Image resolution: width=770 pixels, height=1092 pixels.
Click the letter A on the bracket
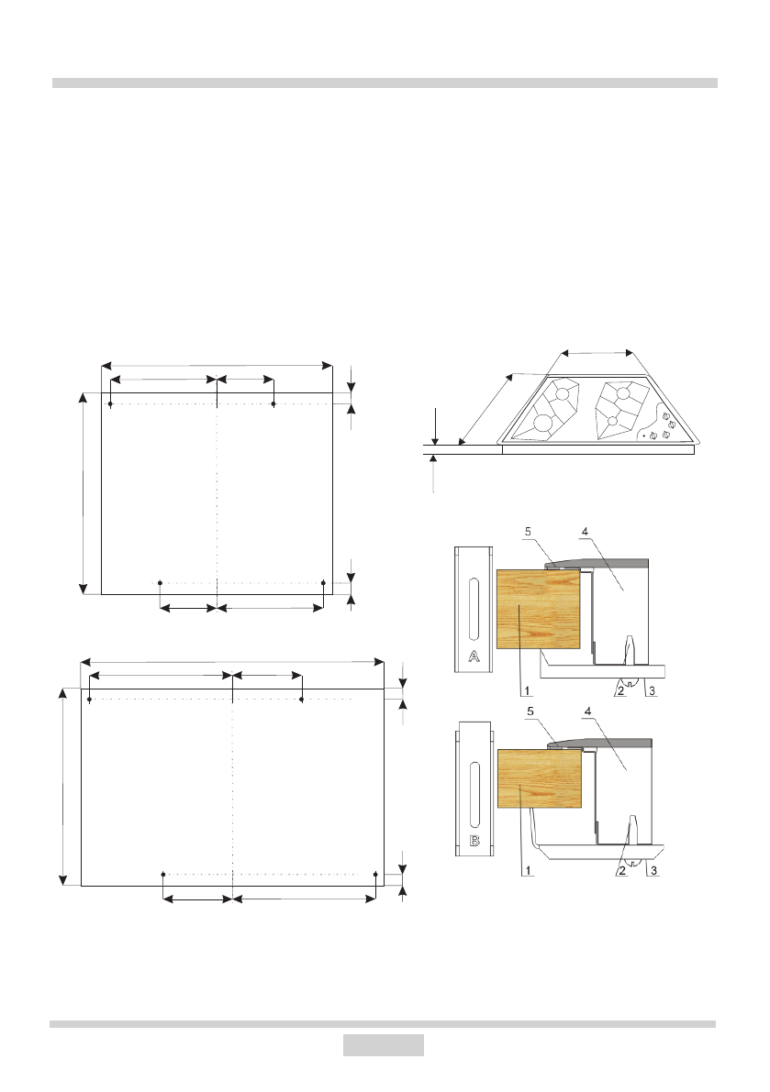click(474, 656)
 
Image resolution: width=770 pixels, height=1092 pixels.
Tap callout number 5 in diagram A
click(529, 532)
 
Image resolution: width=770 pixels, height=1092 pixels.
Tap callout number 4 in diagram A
click(585, 532)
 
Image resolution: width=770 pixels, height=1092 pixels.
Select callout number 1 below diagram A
click(528, 690)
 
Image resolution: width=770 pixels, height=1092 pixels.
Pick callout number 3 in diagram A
click(653, 690)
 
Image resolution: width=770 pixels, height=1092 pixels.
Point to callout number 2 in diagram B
click(621, 870)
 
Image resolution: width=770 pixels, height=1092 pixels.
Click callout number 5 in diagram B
click(531, 711)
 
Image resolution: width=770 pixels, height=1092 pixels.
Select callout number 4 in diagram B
click(588, 711)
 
